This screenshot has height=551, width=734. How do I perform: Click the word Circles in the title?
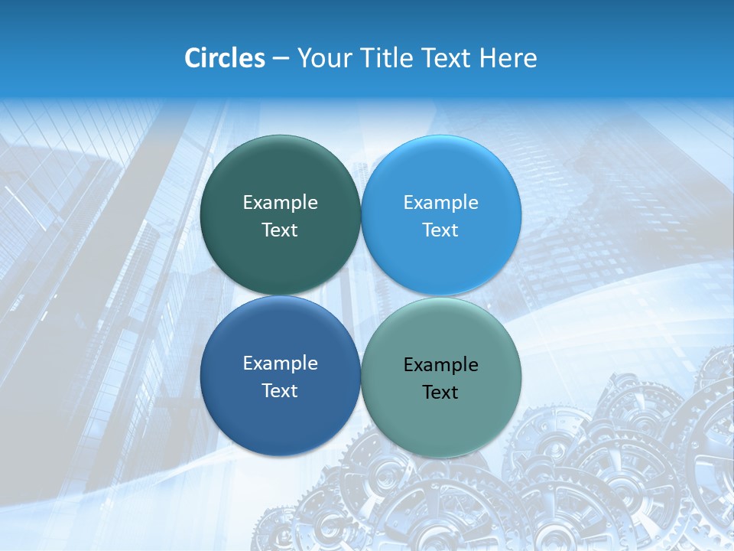(225, 58)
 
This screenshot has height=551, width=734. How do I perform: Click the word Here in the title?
(508, 58)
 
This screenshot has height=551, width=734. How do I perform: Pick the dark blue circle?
(280, 417)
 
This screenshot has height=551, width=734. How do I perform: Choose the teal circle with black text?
(441, 417)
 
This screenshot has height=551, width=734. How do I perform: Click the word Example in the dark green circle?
(280, 203)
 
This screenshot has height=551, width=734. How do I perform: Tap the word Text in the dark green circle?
(280, 230)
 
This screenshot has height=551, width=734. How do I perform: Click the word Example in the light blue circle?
(440, 203)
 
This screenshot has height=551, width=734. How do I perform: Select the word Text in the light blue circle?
(440, 230)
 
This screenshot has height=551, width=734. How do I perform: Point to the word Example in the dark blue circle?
(280, 364)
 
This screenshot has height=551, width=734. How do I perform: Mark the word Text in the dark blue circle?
(280, 391)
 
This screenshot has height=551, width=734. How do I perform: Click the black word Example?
(440, 365)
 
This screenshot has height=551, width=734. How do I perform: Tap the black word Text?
(440, 393)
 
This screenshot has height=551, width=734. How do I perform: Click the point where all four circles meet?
(361, 296)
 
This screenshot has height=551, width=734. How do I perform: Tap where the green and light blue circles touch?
(361, 215)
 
